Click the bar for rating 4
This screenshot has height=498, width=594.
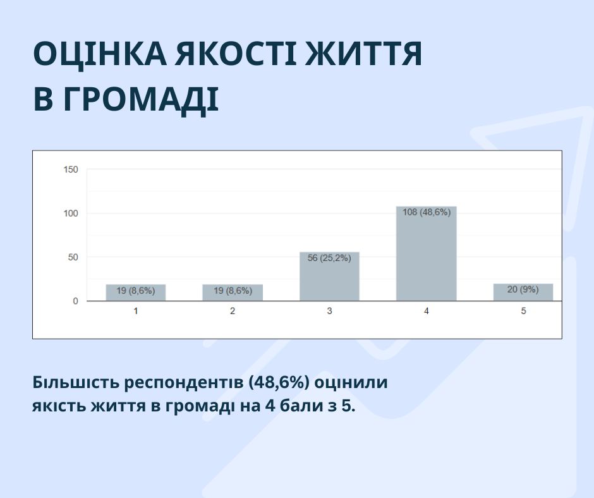(x=426, y=253)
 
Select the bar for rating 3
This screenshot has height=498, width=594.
(x=329, y=276)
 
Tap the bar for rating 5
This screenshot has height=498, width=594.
(x=523, y=292)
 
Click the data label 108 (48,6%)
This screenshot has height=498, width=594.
(x=427, y=212)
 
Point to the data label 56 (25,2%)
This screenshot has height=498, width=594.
(x=329, y=258)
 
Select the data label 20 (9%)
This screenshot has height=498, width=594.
(x=523, y=289)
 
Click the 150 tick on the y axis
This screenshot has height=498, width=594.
(x=71, y=169)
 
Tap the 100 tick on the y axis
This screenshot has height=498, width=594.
(x=71, y=214)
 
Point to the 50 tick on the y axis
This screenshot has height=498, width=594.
(x=73, y=257)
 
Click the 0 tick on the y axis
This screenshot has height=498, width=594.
(x=75, y=301)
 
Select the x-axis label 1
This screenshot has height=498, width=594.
(x=136, y=311)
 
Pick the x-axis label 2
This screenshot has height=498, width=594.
(x=233, y=311)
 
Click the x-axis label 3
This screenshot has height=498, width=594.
(x=330, y=311)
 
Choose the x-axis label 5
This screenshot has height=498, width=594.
(x=523, y=311)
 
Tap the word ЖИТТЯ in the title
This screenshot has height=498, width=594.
(x=364, y=53)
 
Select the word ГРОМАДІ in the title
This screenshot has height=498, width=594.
(x=141, y=100)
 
